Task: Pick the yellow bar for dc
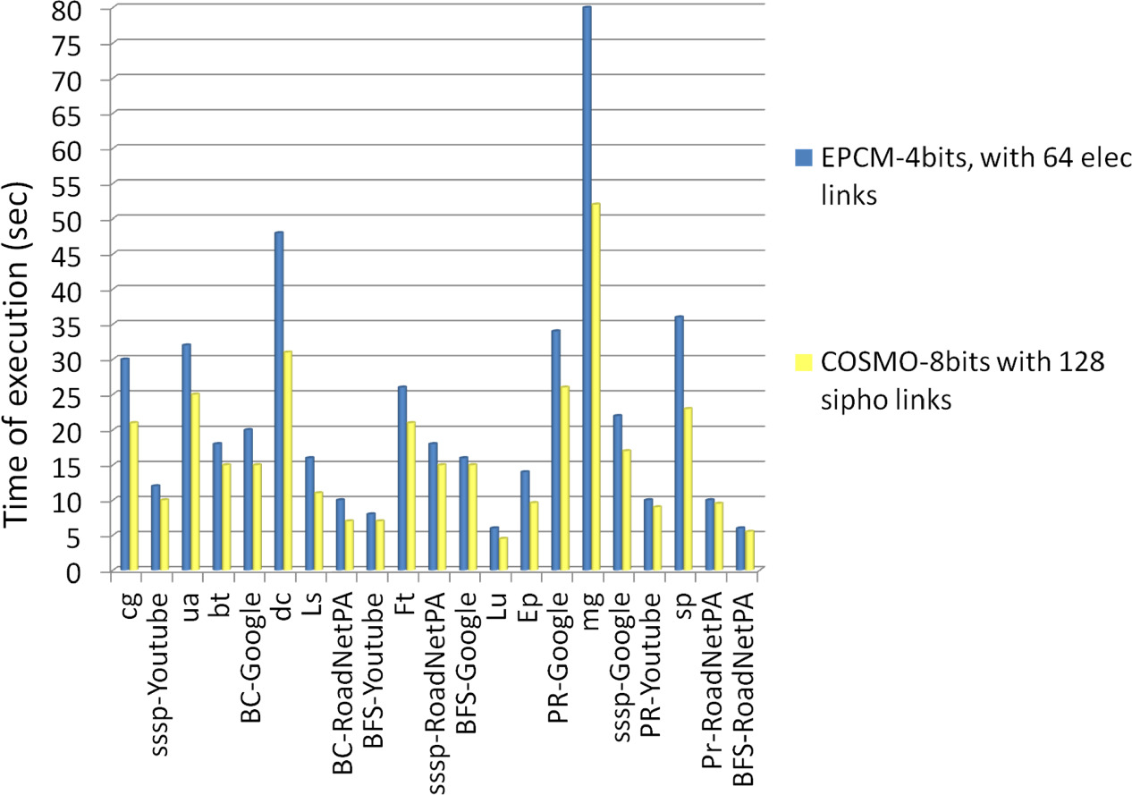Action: tap(288, 461)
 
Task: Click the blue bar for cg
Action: tap(125, 464)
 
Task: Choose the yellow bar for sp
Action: tap(688, 488)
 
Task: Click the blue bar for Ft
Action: tap(402, 478)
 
